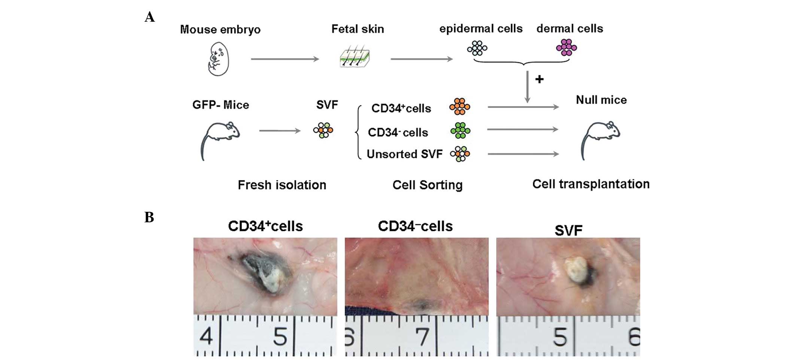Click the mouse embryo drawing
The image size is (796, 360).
coord(218,59)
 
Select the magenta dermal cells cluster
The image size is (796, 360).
coord(566,48)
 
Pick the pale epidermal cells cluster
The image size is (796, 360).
coord(477,48)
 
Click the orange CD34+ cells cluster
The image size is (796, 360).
coord(460,107)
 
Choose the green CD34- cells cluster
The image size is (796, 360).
coord(460,131)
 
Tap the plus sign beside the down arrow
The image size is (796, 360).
coord(539,79)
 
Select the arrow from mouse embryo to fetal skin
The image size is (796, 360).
coord(285,59)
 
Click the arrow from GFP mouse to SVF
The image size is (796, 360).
coord(280,131)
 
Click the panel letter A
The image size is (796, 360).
coord(150,17)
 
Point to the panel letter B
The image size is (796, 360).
coord(149,217)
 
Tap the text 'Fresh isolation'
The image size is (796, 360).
coord(282,185)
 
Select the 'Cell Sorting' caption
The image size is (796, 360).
coord(427,185)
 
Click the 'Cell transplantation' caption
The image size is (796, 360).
coord(590,184)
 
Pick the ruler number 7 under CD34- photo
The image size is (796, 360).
coord(423,337)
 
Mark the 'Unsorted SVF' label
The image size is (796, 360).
coord(404,154)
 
